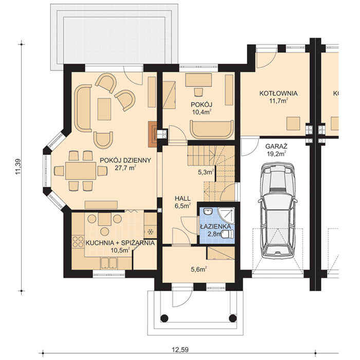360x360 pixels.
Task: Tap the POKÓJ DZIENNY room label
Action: [125, 160]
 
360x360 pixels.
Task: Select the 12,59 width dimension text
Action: [180, 350]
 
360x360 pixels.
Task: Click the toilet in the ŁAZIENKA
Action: [228, 234]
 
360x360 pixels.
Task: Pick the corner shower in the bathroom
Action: [227, 215]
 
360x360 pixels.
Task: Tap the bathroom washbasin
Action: [208, 211]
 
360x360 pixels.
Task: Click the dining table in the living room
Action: [81, 171]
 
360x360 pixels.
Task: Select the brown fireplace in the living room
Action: [153, 134]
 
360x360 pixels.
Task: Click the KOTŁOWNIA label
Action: [279, 94]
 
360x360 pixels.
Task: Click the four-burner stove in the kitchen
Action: [78, 242]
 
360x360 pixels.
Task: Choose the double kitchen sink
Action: [109, 263]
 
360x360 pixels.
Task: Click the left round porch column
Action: [164, 318]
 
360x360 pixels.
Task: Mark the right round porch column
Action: [233, 318]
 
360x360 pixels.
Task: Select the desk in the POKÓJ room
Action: [199, 80]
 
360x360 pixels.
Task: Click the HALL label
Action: [183, 199]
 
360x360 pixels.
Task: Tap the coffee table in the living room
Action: [104, 109]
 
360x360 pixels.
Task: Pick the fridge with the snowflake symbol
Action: [150, 232]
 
